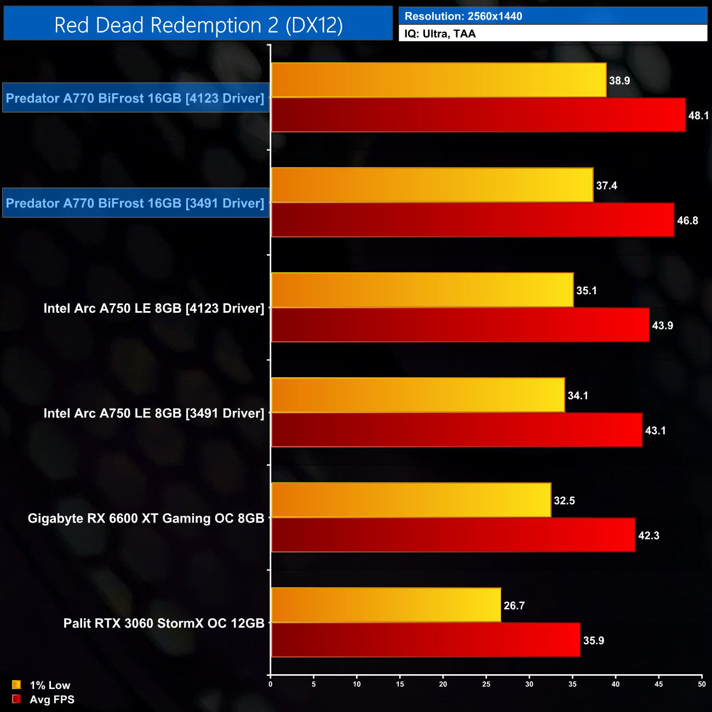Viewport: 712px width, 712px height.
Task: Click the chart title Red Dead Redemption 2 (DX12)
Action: coord(198,25)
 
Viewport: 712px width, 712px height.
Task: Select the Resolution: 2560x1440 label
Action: coord(463,16)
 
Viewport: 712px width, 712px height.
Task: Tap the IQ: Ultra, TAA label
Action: coord(440,33)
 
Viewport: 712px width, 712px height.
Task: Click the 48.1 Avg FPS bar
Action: coord(478,115)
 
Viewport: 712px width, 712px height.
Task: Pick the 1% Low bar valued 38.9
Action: coord(439,80)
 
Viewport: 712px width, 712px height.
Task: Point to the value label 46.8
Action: coord(687,220)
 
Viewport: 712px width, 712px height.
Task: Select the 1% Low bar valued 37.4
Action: coord(432,185)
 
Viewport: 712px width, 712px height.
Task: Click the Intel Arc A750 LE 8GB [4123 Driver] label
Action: coord(154,308)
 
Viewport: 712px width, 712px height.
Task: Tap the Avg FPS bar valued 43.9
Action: coord(460,325)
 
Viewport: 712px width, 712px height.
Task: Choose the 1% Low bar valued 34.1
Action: coord(418,395)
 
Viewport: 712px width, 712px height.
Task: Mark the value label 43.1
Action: coord(655,430)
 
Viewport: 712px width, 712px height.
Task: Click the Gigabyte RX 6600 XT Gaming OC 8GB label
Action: coord(146,518)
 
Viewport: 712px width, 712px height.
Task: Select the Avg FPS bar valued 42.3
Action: coord(453,535)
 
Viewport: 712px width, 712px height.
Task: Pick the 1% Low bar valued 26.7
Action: coord(386,605)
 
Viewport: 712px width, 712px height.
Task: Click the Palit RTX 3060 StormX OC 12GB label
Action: coord(164,623)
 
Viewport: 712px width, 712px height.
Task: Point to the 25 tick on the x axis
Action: coord(486,684)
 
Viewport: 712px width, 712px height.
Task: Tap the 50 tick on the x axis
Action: coord(702,684)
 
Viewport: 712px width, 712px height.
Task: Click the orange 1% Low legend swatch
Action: coord(16,685)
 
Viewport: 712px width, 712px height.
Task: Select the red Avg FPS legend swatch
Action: coord(16,699)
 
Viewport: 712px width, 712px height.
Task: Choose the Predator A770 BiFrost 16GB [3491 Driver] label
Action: coord(135,203)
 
